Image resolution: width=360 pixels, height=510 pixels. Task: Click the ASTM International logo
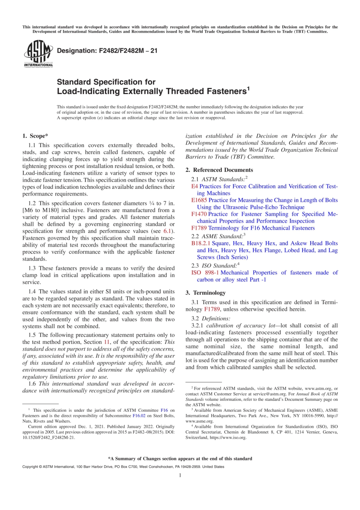(x=38, y=54)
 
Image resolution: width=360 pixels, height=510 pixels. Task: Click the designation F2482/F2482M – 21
(x=107, y=51)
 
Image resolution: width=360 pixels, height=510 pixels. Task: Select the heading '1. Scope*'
(x=35, y=136)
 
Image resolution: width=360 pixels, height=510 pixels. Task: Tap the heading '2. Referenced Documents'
(x=219, y=170)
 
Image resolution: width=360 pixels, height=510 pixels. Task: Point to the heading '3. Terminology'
(x=205, y=293)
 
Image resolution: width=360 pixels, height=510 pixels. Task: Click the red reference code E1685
(x=199, y=200)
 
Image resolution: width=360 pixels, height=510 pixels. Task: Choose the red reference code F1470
(x=199, y=214)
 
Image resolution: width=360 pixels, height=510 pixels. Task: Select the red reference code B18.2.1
(x=200, y=243)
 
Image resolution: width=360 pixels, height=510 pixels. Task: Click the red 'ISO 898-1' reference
(x=205, y=273)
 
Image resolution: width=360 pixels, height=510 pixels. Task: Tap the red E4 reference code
(x=194, y=186)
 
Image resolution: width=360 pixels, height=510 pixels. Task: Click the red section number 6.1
(x=167, y=231)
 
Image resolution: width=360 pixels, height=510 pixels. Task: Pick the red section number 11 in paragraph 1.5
(x=107, y=342)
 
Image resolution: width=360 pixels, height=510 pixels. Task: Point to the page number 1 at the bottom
(x=180, y=475)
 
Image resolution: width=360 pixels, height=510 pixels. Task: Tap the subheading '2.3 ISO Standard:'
(x=215, y=265)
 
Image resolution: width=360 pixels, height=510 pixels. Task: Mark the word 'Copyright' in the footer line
(x=30, y=466)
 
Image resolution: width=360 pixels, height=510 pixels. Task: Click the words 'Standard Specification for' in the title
(x=106, y=82)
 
